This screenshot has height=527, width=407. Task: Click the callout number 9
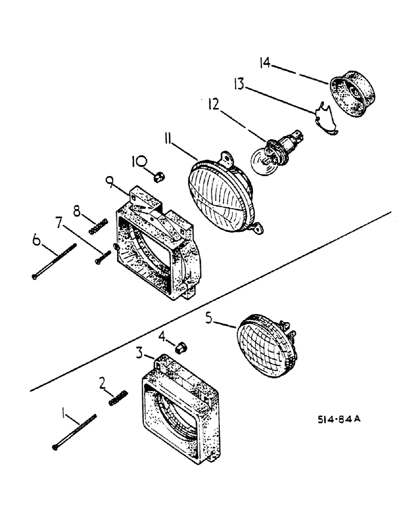click(x=109, y=184)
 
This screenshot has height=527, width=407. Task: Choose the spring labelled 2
click(x=119, y=398)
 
